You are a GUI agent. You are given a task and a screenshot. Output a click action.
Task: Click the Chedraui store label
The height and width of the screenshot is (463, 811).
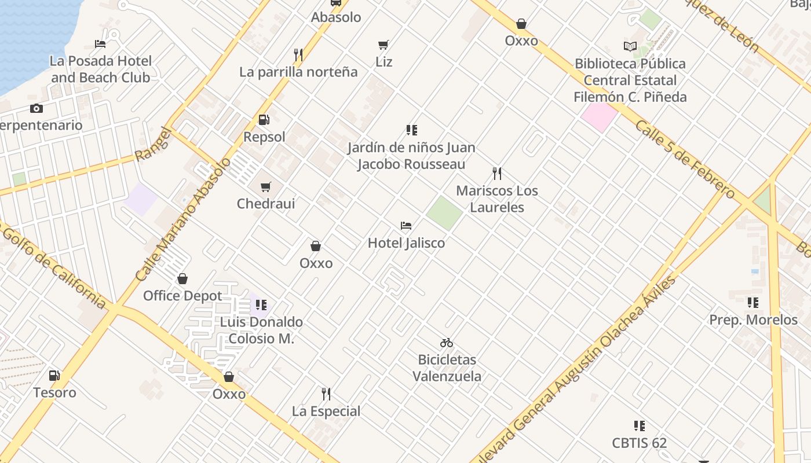[x=266, y=204]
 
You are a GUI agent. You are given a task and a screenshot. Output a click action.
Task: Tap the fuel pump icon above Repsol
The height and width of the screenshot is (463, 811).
[x=264, y=120]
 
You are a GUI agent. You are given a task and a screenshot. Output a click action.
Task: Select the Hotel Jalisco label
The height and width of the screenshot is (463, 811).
[x=406, y=243]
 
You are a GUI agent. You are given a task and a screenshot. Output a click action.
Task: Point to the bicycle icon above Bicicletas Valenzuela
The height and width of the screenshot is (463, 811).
[x=446, y=343]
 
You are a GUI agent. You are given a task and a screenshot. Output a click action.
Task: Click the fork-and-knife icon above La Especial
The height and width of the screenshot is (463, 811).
[x=326, y=394]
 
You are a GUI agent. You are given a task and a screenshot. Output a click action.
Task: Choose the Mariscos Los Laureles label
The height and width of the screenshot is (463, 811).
[x=497, y=199]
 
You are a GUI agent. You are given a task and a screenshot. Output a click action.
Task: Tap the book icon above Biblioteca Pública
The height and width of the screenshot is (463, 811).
[x=630, y=46]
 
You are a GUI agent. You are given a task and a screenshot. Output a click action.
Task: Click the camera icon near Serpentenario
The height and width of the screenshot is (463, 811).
[x=36, y=108]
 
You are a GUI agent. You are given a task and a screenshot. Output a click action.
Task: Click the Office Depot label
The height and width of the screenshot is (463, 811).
[x=182, y=296]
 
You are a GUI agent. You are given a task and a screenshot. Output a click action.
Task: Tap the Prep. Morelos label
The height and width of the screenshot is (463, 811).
[x=753, y=320]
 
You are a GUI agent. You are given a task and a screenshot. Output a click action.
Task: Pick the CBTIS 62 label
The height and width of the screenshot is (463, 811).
[x=640, y=443]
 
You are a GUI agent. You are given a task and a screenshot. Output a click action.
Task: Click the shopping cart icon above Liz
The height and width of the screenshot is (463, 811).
[x=383, y=45]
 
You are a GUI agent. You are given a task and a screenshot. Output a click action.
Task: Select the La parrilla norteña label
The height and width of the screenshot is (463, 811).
[x=298, y=72]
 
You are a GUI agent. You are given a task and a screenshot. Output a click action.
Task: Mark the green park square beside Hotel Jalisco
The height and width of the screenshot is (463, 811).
[x=444, y=212]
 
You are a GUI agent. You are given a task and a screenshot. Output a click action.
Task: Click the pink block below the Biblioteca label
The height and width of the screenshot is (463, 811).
[x=599, y=116]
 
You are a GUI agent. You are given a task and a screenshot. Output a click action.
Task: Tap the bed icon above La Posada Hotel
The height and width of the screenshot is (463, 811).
[x=100, y=44]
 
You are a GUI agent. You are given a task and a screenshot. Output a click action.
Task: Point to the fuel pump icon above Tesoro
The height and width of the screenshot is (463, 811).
[x=54, y=375]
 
